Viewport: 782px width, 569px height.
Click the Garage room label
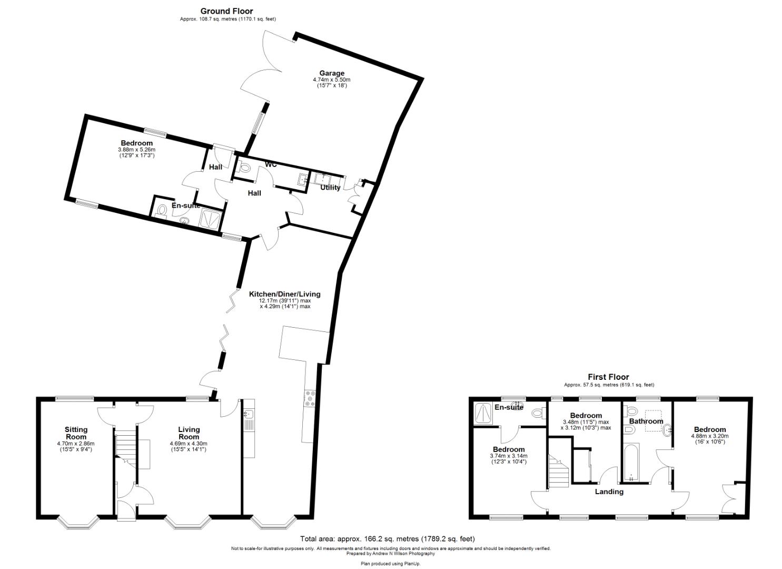coord(332,73)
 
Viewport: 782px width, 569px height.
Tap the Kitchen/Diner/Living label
coord(284,294)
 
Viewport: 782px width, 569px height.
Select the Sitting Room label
coord(76,433)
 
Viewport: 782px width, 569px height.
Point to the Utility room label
coord(330,188)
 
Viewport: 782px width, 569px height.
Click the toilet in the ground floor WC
coord(244,168)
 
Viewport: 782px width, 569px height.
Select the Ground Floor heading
coord(226,11)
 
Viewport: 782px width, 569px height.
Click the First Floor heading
coord(608,377)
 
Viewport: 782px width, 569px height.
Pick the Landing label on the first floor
coord(609,492)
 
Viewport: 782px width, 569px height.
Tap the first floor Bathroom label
coord(646,421)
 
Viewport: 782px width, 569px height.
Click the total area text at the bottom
coord(387,538)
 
